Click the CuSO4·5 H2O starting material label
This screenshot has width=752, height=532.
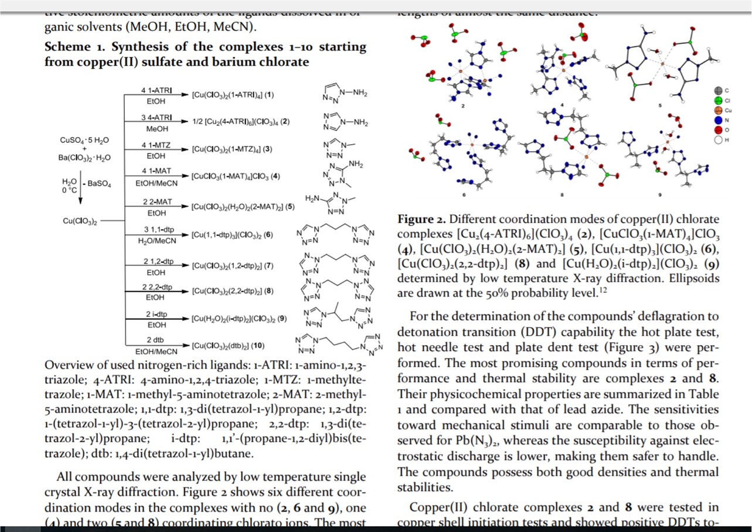tap(84, 141)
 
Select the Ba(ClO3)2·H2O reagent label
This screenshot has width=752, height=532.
tap(85, 158)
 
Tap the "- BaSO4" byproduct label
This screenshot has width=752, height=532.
tap(97, 183)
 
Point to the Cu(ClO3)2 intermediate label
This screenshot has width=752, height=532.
tap(80, 221)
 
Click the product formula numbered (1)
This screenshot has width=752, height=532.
tap(233, 94)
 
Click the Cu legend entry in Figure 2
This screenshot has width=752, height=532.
tap(719, 110)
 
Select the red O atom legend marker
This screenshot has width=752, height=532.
tap(719, 130)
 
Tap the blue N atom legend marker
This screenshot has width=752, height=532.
tap(719, 120)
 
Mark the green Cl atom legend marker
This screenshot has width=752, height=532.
tap(719, 100)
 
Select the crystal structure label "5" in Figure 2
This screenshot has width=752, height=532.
tap(659, 105)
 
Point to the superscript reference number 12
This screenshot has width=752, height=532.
tap(601, 288)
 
